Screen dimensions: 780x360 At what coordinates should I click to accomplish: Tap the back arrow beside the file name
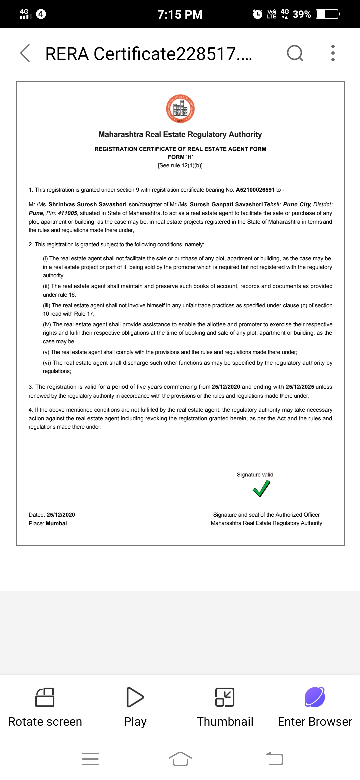coord(25,53)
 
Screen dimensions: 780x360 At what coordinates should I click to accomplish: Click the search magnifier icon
coord(295,53)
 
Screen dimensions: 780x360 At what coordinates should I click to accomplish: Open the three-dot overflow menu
coord(333,53)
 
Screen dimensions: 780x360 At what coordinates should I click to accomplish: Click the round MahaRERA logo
coord(180,109)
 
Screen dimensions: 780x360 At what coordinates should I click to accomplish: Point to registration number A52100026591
coord(255,190)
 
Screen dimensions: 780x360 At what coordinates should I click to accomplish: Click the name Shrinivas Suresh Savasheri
coord(87,204)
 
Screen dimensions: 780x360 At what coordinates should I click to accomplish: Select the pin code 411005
coord(67,213)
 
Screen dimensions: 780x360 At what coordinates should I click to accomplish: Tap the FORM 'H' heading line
coord(180,157)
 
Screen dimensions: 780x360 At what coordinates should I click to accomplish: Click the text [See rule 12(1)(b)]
coord(180,166)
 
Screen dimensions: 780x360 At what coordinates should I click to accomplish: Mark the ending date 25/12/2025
coord(300,387)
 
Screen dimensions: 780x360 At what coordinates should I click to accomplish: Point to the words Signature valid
coord(255,475)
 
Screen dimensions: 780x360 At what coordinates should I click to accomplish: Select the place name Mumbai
coord(56,523)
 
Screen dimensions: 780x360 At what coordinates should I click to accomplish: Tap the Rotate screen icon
coord(45,697)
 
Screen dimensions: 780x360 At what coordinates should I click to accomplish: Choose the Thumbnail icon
coord(225,697)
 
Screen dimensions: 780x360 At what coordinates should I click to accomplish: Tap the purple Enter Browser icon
coord(315,697)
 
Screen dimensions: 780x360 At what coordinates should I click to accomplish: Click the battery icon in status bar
coord(327,14)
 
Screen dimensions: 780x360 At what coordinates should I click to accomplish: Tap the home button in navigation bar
coord(180,759)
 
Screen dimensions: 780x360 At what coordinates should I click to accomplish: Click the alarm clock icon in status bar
coord(258,14)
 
